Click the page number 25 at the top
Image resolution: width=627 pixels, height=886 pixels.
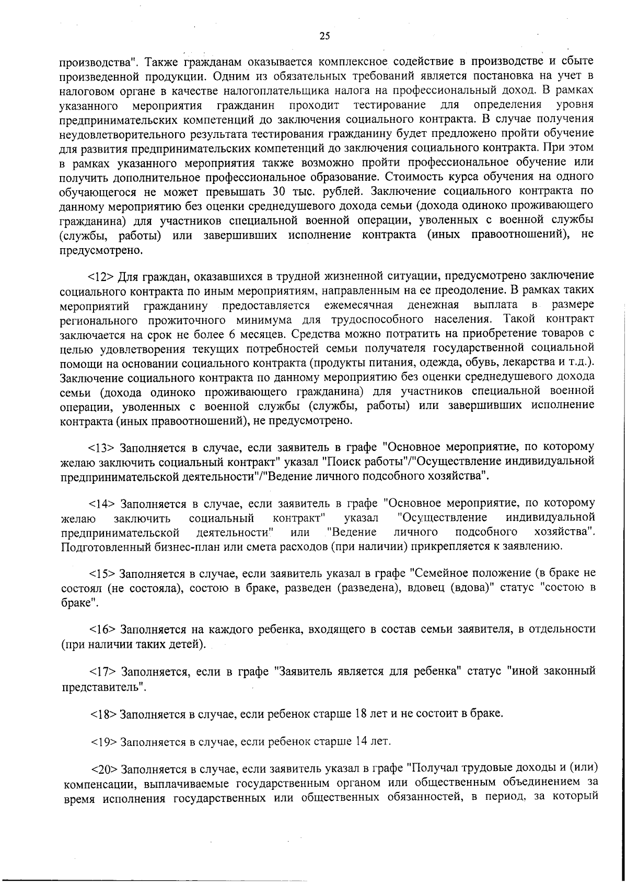pos(324,36)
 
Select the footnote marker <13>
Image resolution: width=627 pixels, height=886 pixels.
pos(101,448)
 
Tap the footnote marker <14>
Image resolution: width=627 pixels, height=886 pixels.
pos(101,504)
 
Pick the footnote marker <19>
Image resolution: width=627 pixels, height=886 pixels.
pos(103,742)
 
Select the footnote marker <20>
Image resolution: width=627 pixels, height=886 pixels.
pos(104,770)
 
